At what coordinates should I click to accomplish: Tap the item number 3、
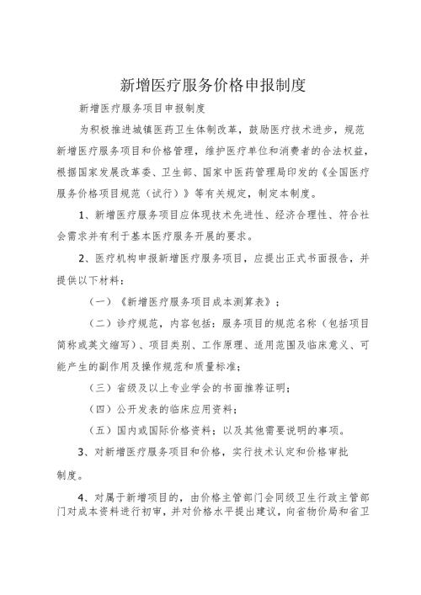(x=85, y=453)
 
